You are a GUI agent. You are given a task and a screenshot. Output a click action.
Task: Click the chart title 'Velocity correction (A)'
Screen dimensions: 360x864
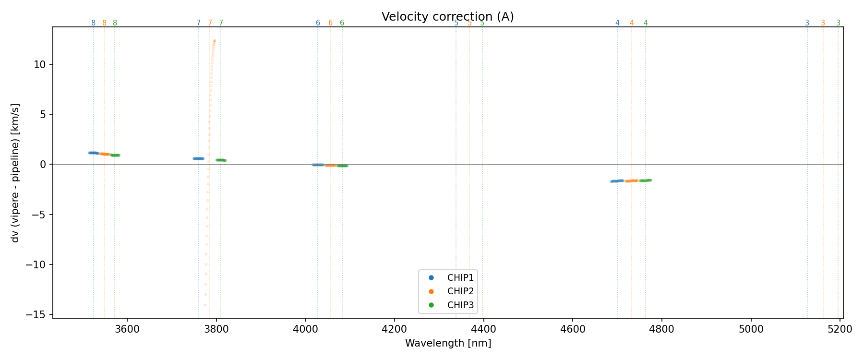[x=447, y=17]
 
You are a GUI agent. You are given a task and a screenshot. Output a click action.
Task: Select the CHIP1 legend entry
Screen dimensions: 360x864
[x=460, y=277]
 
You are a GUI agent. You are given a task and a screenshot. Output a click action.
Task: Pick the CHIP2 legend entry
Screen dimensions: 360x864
[x=460, y=291]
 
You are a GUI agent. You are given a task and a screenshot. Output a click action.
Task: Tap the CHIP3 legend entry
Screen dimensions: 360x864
[x=460, y=305]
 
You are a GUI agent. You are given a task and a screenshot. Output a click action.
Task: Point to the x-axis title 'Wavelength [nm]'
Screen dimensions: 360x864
[x=448, y=343]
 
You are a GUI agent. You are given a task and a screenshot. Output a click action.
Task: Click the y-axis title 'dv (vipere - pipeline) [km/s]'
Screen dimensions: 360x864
[x=15, y=173]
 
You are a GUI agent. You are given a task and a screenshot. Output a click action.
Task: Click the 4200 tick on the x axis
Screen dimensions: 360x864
[x=394, y=329]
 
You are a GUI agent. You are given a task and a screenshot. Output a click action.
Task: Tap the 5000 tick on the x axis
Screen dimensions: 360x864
[x=751, y=329]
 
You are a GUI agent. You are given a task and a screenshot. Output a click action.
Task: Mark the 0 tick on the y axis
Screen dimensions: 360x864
[x=43, y=164]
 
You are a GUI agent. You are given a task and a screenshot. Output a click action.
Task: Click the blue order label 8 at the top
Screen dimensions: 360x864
[x=93, y=23]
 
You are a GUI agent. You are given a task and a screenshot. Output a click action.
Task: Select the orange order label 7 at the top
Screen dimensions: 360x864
[x=210, y=23]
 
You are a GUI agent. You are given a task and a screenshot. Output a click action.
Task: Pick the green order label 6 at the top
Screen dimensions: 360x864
[x=342, y=23]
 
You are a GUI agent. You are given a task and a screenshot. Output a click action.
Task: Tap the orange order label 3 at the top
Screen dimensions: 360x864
[x=823, y=23]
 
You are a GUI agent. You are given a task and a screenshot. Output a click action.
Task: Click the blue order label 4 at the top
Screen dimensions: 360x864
[x=617, y=23]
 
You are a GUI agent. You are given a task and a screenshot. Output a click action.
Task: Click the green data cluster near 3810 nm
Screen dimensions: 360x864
[x=221, y=160]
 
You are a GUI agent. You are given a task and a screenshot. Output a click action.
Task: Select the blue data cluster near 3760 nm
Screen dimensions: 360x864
[x=198, y=158]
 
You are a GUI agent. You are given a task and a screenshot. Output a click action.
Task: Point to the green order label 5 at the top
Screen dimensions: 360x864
[x=482, y=23]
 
